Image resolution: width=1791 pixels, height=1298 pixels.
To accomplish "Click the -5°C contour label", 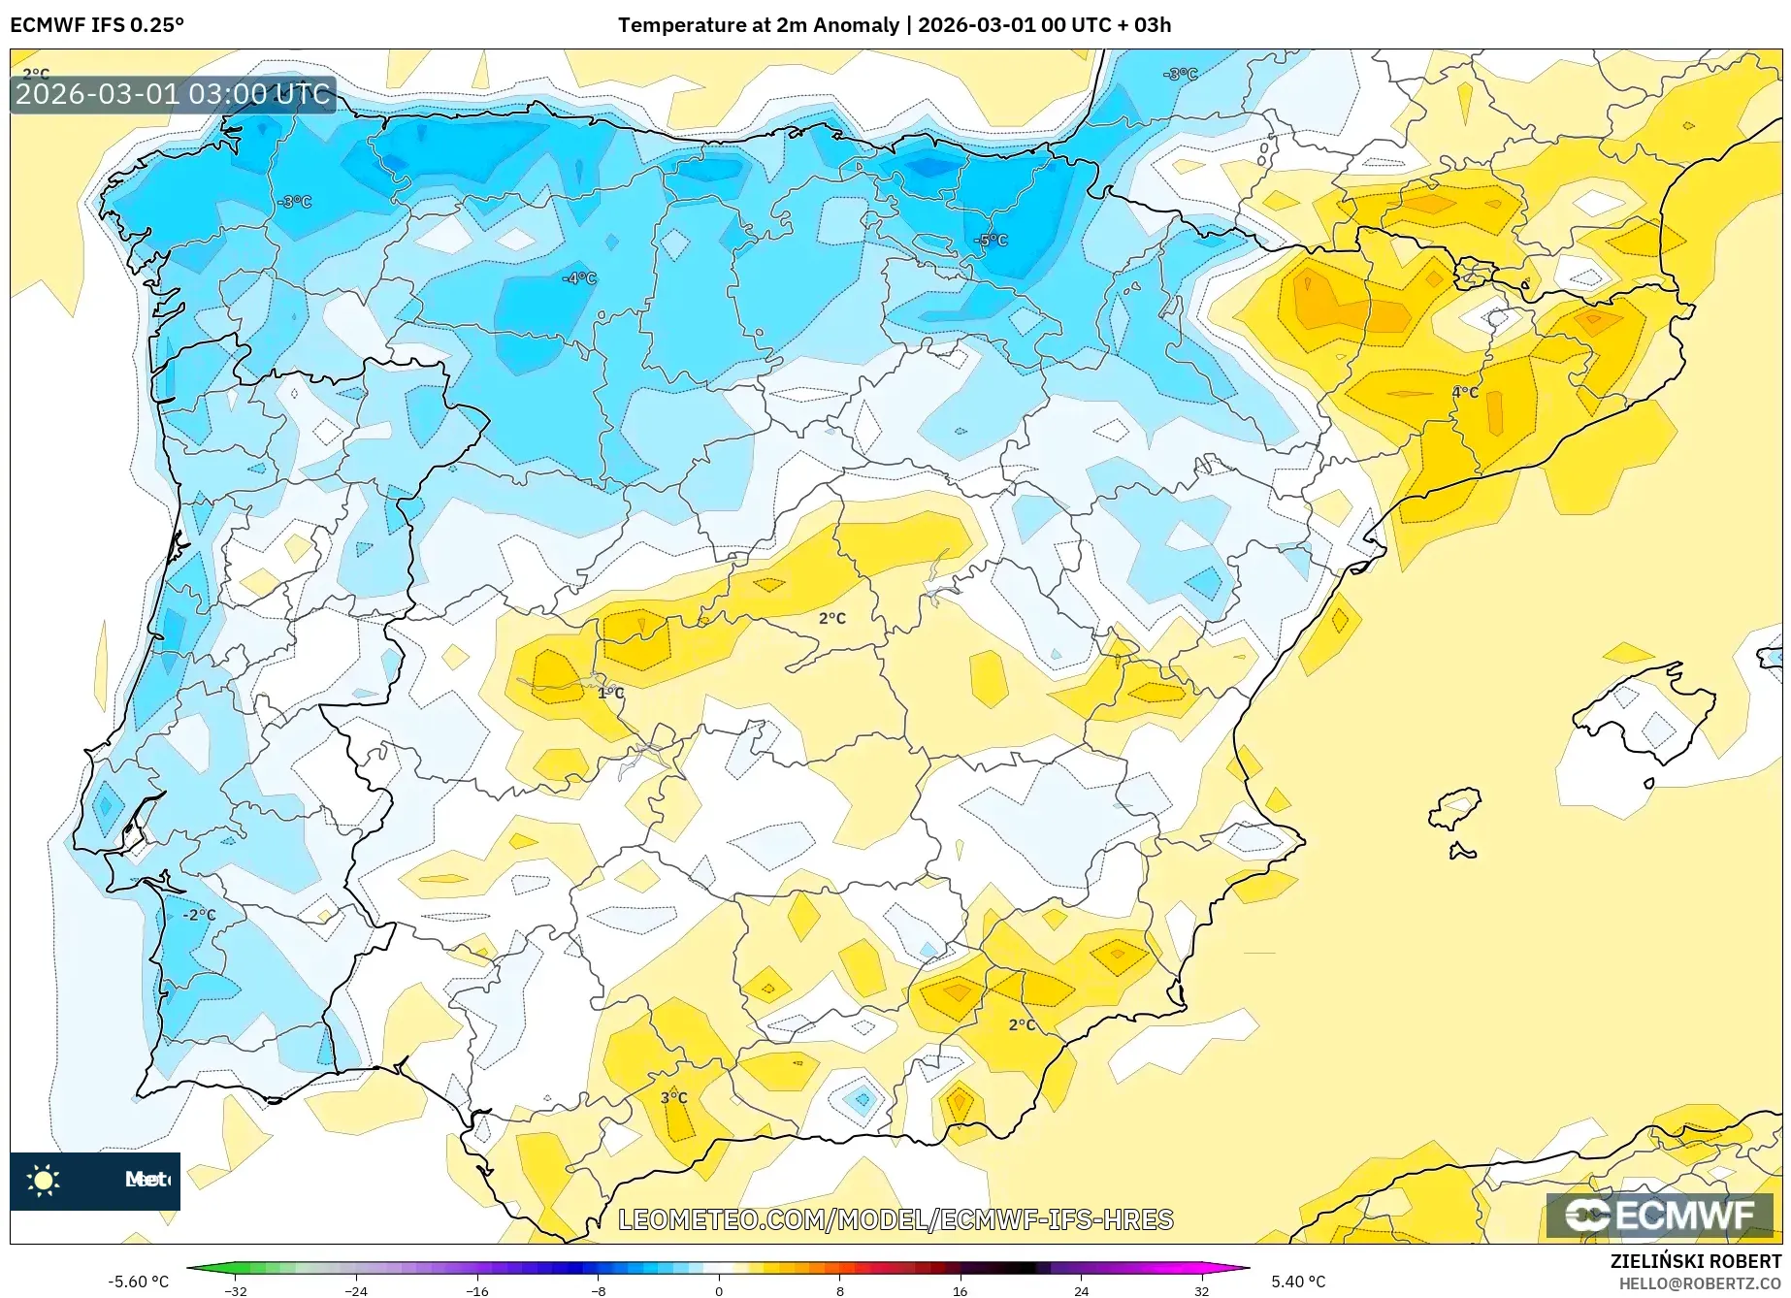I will [x=992, y=241].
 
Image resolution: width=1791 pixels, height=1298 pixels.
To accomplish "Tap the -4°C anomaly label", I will [x=579, y=278].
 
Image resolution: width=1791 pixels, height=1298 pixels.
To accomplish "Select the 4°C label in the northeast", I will [x=1464, y=392].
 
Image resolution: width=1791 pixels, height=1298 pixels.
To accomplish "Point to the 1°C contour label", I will [x=610, y=693].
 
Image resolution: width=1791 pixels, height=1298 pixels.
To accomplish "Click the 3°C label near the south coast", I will [x=673, y=1097].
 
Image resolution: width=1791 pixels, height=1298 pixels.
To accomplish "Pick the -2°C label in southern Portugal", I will [x=200, y=915].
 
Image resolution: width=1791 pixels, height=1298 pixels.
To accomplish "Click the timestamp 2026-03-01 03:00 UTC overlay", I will [x=173, y=94].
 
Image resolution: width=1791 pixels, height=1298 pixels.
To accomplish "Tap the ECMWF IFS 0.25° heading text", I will [x=97, y=25].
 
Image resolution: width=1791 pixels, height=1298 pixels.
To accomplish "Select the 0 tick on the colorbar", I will [x=719, y=1290].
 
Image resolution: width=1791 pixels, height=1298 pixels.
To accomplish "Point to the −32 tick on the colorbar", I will [x=236, y=1290].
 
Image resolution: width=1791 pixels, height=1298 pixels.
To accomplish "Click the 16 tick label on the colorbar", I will [x=960, y=1290].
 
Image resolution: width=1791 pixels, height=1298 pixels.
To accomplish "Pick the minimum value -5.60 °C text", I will [x=139, y=1282].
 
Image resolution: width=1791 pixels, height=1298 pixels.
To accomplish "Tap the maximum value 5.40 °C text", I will [x=1298, y=1282].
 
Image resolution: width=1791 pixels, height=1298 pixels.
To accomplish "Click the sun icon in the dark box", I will [x=44, y=1180].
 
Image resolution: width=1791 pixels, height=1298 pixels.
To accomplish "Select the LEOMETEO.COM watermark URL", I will [x=895, y=1219].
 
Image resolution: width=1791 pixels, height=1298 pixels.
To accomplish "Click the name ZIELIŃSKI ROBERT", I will [x=1695, y=1261].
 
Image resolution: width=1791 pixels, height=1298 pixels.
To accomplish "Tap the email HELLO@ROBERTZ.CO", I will [x=1699, y=1283].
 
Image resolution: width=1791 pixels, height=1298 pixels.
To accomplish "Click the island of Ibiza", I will [x=1455, y=807].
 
